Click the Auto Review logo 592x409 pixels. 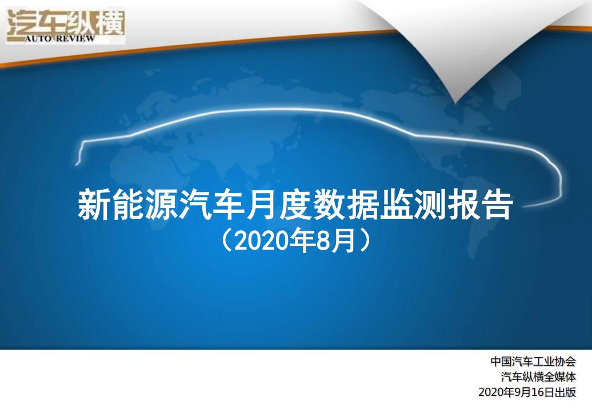(66, 25)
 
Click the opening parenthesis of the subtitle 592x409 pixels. (226, 242)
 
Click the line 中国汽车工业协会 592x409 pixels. (533, 362)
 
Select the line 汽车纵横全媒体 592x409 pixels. (539, 376)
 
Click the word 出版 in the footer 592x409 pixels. (565, 392)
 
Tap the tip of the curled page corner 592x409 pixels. (456, 102)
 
